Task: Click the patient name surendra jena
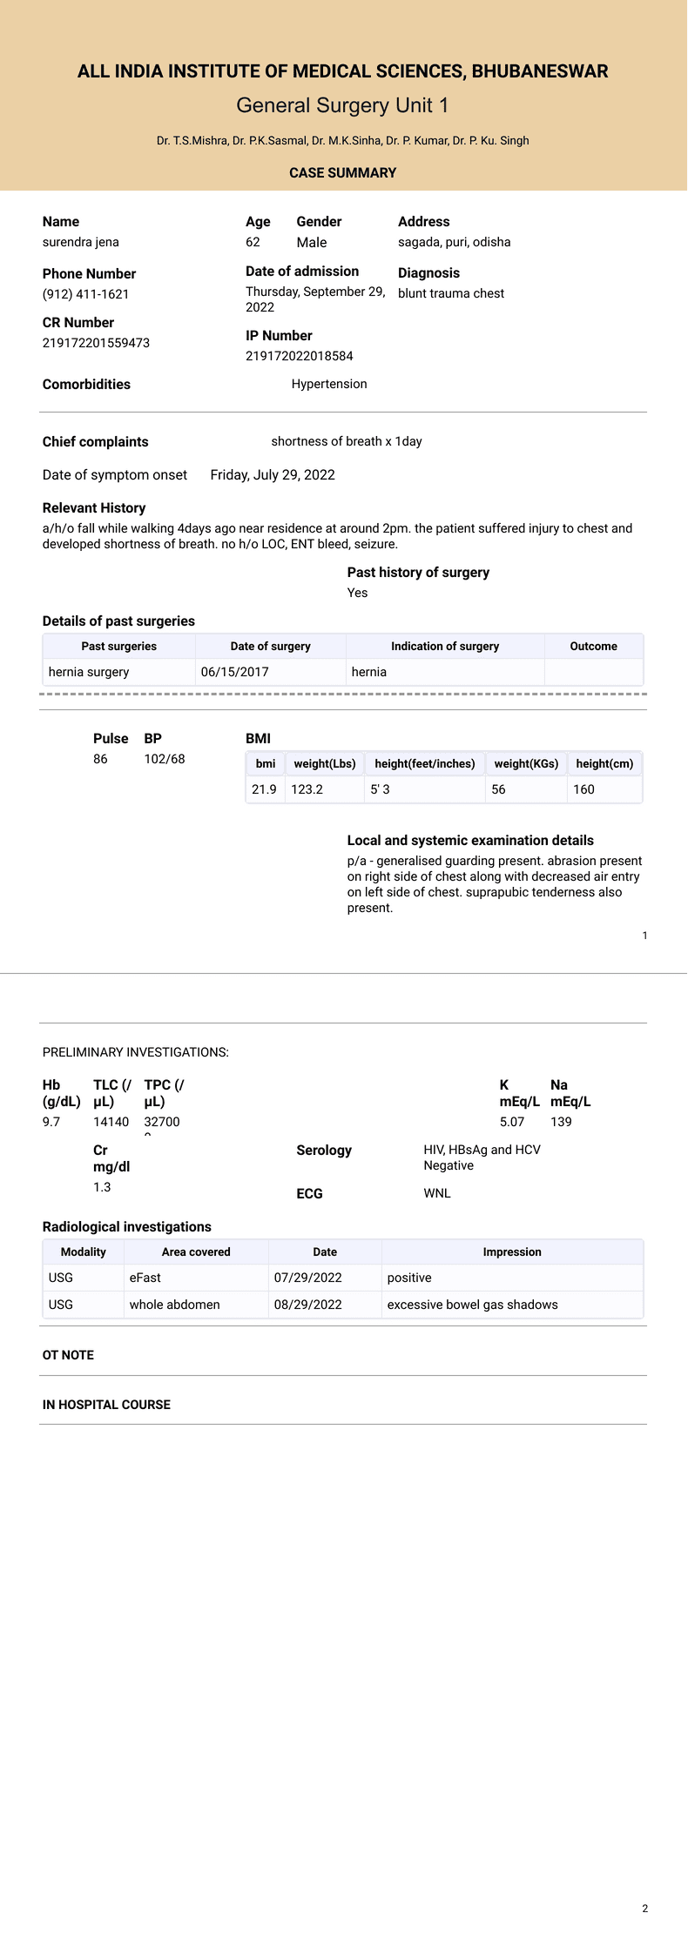point(81,242)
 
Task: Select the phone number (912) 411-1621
point(85,294)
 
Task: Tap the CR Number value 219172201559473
point(96,343)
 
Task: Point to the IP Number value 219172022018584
point(299,356)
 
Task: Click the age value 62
point(253,242)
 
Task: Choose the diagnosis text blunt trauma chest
point(450,293)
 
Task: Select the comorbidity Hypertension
point(329,384)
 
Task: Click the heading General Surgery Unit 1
point(342,105)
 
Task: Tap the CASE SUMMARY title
point(342,173)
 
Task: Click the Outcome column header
point(593,647)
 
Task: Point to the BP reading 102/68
point(165,759)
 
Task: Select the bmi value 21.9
point(264,789)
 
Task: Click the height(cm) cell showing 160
point(583,789)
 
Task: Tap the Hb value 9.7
point(51,1122)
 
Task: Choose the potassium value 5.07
point(512,1122)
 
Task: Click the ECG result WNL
point(437,1193)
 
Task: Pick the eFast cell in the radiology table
point(145,1278)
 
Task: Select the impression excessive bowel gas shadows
point(472,1305)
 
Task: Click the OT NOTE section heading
point(68,1355)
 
